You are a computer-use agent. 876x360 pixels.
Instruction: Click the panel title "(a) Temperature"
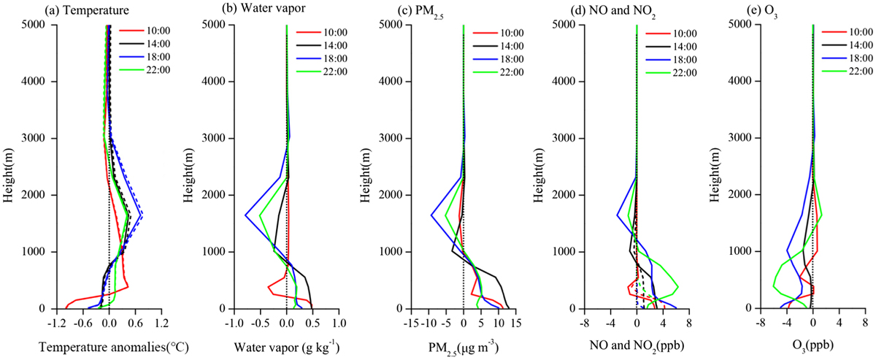(87, 10)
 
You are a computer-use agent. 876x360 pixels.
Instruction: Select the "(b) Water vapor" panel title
(264, 8)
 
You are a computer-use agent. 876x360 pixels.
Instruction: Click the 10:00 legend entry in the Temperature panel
(145, 31)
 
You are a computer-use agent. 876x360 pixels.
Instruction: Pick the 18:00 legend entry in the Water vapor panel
(321, 58)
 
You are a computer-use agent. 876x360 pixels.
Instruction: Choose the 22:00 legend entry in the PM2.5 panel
(498, 72)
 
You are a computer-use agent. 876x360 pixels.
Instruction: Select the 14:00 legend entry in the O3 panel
(847, 45)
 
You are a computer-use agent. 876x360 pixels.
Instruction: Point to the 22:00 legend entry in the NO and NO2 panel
(671, 73)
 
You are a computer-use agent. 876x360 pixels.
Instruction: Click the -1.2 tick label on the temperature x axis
(56, 323)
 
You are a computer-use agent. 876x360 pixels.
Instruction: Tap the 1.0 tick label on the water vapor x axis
(339, 323)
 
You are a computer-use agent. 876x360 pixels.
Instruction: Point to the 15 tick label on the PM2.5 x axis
(516, 323)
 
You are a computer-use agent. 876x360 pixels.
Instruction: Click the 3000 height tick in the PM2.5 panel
(392, 138)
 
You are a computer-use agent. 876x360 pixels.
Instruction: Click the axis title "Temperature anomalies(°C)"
(114, 347)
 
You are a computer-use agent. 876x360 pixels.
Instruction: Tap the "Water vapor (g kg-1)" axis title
(287, 346)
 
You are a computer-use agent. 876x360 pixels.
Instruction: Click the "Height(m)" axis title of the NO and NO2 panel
(539, 175)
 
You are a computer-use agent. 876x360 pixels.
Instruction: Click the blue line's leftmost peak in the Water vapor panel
(245, 215)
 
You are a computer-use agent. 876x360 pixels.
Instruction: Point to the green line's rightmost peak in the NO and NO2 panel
(677, 287)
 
